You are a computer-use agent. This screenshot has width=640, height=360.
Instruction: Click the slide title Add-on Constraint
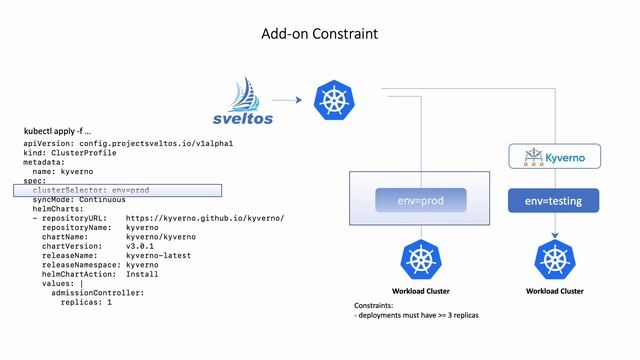320,34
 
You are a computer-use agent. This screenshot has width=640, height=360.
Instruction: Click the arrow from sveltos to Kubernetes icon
287,100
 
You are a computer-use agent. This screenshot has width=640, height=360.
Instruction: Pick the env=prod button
421,200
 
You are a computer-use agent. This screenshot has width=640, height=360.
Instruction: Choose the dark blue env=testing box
554,201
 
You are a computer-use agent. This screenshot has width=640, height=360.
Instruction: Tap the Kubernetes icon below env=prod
421,262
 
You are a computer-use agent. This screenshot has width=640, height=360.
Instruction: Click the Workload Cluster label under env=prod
421,291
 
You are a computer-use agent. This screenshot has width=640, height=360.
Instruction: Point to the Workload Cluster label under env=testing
555,291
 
